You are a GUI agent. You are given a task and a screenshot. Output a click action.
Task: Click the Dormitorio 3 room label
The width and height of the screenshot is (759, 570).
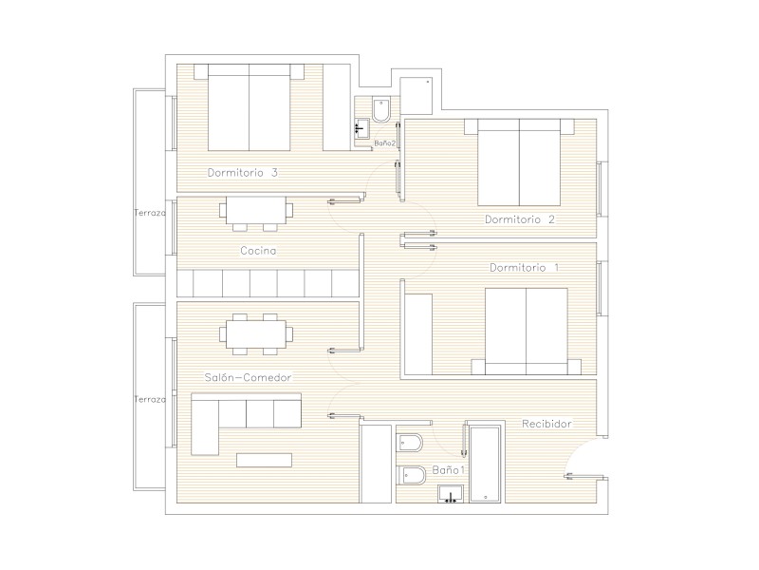click(243, 173)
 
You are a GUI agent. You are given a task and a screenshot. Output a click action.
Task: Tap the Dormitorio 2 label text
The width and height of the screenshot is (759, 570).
click(520, 219)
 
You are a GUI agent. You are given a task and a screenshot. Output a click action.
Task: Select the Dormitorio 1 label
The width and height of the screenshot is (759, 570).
click(525, 268)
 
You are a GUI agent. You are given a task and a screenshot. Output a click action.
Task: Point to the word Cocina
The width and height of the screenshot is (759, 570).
click(258, 251)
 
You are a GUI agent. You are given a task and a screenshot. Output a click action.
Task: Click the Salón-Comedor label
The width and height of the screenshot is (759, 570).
click(248, 377)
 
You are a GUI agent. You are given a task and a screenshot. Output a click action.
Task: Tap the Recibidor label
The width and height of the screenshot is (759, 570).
click(546, 424)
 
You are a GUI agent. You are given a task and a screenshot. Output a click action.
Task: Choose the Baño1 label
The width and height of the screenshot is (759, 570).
click(448, 469)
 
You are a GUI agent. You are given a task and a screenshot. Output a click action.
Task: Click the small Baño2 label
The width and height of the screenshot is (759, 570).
click(385, 143)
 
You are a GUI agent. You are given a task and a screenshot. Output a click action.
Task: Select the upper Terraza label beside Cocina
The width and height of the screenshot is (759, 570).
click(150, 213)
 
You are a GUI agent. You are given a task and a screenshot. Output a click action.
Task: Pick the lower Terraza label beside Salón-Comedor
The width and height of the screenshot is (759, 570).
click(150, 399)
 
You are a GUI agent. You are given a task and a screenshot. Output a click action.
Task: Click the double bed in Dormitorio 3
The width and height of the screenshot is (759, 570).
click(250, 107)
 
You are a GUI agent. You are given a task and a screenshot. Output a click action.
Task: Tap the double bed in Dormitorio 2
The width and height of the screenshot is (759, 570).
click(519, 162)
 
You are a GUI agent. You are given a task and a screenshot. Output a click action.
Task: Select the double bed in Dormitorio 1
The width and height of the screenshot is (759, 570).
click(527, 332)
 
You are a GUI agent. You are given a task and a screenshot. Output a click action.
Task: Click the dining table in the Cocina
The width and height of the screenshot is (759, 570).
click(256, 213)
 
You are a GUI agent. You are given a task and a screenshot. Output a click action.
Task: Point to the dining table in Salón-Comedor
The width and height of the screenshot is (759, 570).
click(256, 334)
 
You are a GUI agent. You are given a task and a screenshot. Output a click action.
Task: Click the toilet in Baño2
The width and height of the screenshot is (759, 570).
click(381, 110)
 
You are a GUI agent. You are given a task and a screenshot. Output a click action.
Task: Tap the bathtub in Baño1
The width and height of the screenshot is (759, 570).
click(486, 464)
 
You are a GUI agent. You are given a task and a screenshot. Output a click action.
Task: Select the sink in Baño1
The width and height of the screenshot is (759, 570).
click(451, 494)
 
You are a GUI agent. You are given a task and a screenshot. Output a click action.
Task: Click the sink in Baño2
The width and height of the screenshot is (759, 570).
click(361, 129)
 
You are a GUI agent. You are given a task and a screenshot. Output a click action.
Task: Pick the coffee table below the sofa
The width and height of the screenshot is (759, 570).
click(265, 460)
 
